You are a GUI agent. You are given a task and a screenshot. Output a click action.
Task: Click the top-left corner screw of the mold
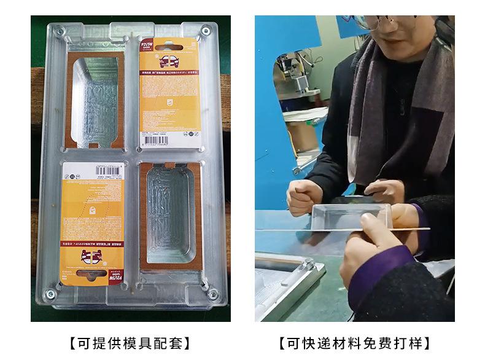59,30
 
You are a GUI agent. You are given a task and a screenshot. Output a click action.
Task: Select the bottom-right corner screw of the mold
212,294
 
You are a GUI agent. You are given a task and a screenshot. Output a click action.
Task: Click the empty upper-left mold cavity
97,101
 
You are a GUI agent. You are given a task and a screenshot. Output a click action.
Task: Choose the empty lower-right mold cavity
171,216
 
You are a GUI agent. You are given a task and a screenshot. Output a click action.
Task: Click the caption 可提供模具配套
130,342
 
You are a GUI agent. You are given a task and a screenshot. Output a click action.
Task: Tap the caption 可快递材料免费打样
354,342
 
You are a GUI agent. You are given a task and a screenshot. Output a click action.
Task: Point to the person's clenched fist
303,197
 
